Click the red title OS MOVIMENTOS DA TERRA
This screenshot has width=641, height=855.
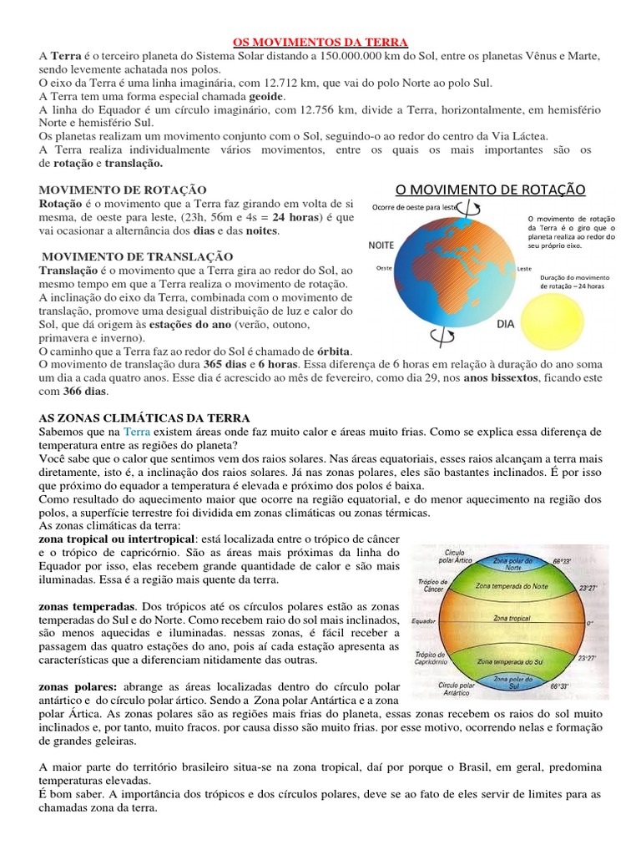(319, 42)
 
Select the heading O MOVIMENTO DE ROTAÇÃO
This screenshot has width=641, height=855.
(491, 190)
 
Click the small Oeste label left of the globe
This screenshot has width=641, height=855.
(385, 268)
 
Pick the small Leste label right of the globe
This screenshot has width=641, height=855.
(524, 268)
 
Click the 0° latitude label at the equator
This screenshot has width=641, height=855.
(588, 623)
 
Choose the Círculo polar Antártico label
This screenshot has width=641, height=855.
(457, 688)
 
